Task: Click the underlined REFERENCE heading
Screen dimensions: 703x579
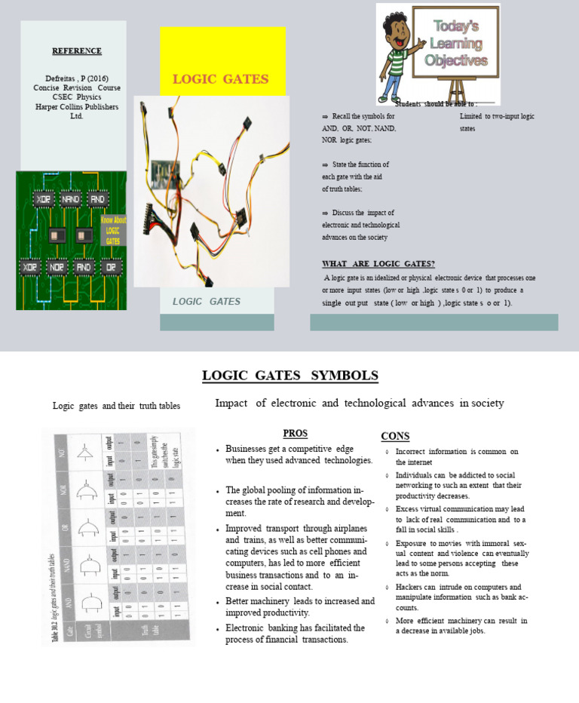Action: coord(76,51)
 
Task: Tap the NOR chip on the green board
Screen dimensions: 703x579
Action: coord(57,268)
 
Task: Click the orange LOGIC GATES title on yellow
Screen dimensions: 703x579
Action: coord(220,79)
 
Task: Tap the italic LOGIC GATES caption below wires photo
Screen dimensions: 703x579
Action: coord(207,302)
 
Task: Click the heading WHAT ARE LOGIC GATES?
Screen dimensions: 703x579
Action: coord(378,263)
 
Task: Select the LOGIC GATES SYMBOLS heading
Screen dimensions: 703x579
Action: coord(289,376)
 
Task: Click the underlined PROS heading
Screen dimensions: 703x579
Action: coord(295,433)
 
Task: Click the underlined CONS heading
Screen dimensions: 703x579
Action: coord(395,436)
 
